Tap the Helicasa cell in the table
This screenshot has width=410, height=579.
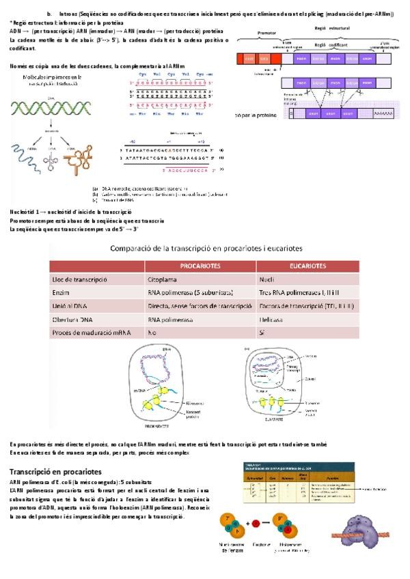point(272,318)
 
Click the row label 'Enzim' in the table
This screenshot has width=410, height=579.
point(61,292)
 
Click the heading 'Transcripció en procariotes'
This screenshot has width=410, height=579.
point(55,471)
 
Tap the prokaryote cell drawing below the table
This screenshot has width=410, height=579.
point(166,384)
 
